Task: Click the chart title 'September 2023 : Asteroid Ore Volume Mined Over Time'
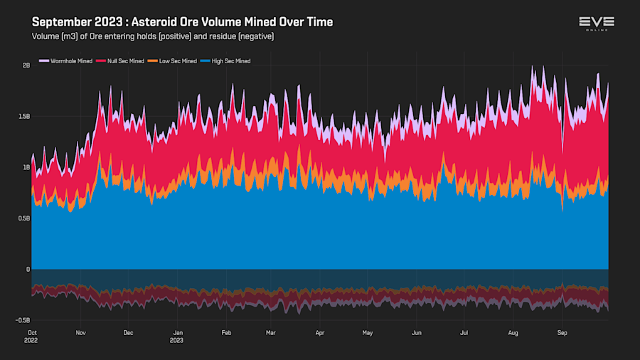click(x=182, y=22)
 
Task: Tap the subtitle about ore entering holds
click(x=153, y=36)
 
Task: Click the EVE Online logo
click(x=597, y=24)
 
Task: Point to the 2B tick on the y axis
click(x=26, y=65)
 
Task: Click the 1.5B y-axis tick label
click(x=24, y=117)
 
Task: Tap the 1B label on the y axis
click(x=26, y=168)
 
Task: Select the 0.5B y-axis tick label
click(x=24, y=218)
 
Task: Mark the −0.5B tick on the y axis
click(x=23, y=321)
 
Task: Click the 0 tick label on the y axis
click(x=28, y=270)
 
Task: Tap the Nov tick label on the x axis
click(x=80, y=332)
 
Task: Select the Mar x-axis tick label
click(x=270, y=332)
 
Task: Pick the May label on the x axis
click(x=367, y=332)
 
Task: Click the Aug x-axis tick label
click(x=513, y=332)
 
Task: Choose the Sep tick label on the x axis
click(x=562, y=332)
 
